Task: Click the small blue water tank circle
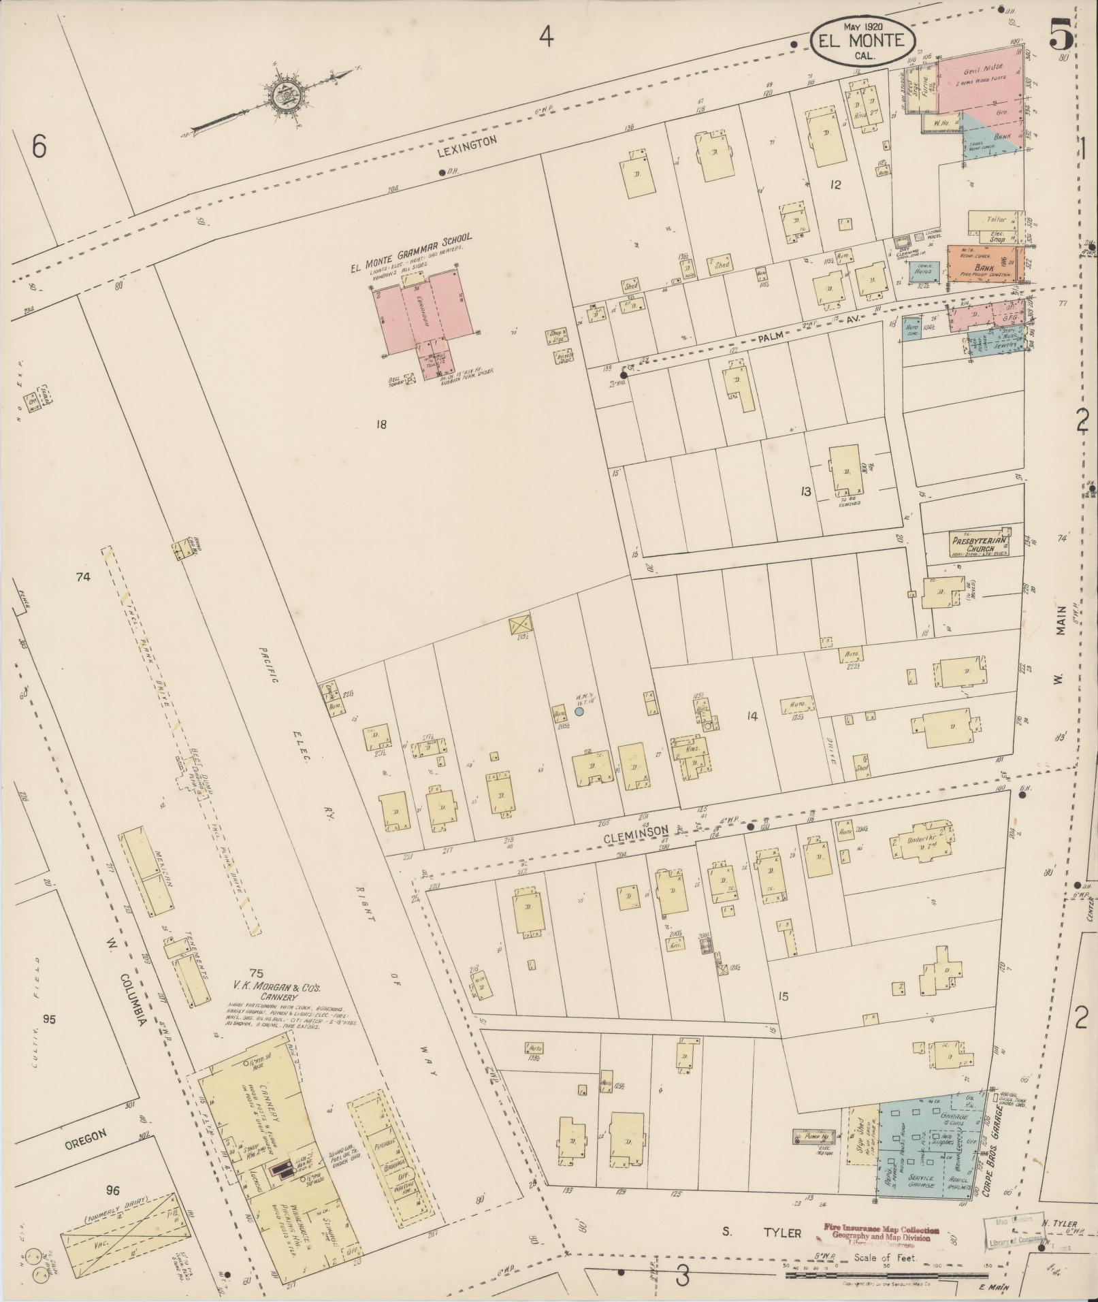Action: click(579, 711)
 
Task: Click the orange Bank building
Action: click(985, 263)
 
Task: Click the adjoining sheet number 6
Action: click(39, 146)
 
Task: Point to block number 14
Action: click(752, 715)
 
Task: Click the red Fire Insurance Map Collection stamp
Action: click(882, 1235)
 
